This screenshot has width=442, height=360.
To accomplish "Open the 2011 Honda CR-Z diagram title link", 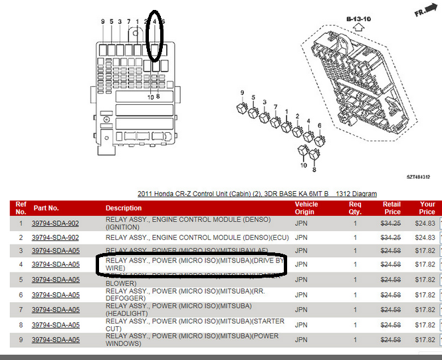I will pos(257,194).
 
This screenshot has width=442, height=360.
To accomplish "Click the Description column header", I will pos(124,208).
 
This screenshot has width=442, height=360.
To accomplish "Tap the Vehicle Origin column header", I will pos(306,208).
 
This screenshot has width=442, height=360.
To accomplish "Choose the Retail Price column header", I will pos(392,208).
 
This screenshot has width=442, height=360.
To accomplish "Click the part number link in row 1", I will pos(55,224).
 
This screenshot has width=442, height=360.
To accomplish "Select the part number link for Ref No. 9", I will pos(55,339).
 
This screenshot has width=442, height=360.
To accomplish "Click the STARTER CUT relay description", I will pos(195,325).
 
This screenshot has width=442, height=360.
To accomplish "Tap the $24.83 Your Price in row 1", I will pos(427,224).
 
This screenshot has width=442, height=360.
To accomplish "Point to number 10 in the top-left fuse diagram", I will pos(150,97).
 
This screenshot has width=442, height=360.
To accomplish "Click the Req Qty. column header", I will pos(355,208).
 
